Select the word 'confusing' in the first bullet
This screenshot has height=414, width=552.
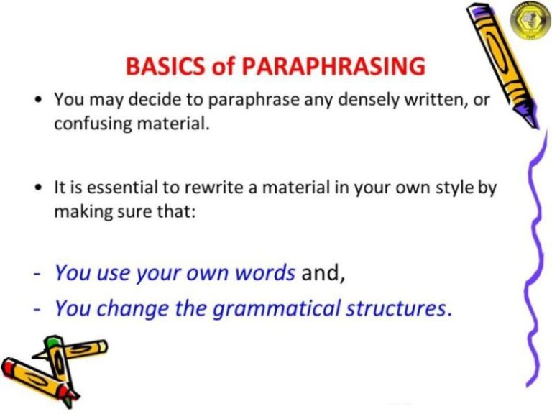pyautogui.click(x=88, y=123)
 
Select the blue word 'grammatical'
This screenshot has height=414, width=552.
pyautogui.click(x=274, y=309)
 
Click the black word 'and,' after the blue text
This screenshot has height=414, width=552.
pyautogui.click(x=323, y=273)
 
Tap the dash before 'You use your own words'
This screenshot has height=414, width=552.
pyautogui.click(x=37, y=274)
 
